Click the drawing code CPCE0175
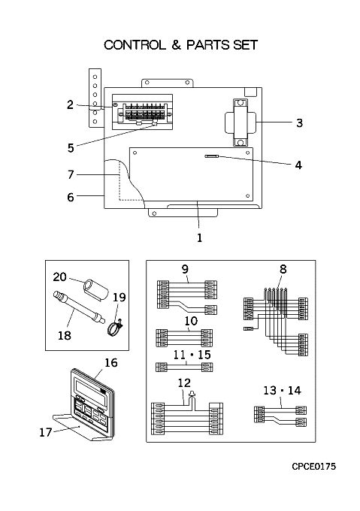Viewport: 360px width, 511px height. [x=313, y=467]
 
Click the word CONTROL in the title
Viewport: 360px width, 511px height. [x=135, y=45]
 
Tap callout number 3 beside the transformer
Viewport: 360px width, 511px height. [x=299, y=122]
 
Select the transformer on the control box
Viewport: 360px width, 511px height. [x=241, y=122]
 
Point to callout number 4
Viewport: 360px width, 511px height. [x=298, y=165]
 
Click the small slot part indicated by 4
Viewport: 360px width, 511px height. [x=212, y=156]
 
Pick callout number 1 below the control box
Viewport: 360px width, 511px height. [x=199, y=238]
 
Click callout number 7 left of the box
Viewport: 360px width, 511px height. [x=71, y=174]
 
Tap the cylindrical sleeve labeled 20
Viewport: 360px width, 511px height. [x=95, y=289]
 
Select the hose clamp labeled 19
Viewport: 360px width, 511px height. [x=115, y=328]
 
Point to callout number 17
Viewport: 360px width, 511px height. [x=46, y=432]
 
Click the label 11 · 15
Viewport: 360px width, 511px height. [x=192, y=355]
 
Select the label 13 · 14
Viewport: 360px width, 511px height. [x=282, y=390]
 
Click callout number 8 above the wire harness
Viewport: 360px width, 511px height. [x=283, y=269]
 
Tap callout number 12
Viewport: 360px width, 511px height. [x=184, y=382]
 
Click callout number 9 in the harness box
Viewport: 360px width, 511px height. [x=185, y=269]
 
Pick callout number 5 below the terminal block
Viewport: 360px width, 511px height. [x=71, y=148]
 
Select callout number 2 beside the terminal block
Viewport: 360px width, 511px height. [x=70, y=105]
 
